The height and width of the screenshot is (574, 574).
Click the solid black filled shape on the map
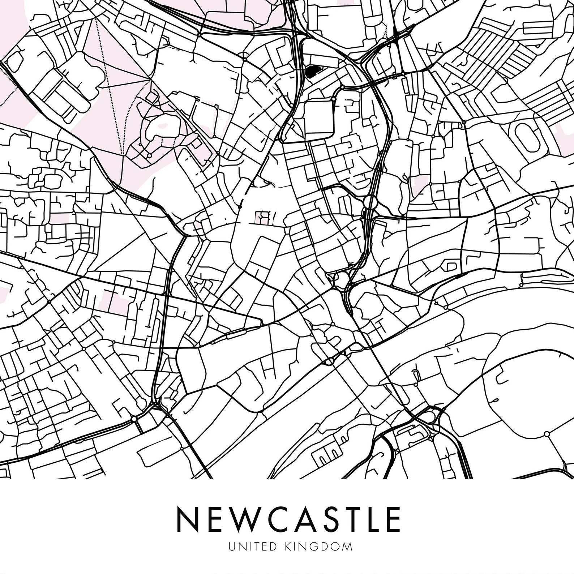pos(311,72)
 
